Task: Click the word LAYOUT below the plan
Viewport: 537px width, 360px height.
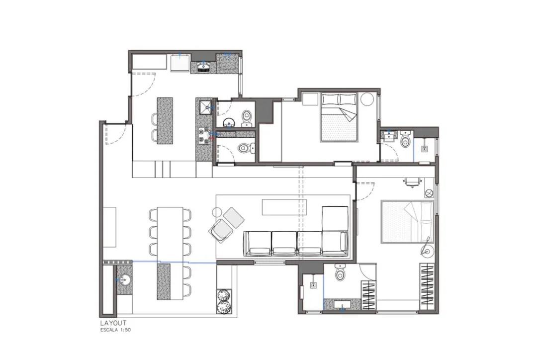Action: click(113, 323)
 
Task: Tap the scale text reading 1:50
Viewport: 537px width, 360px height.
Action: click(125, 330)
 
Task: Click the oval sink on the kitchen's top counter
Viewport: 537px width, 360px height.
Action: click(204, 67)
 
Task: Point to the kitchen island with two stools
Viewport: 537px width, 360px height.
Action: click(165, 121)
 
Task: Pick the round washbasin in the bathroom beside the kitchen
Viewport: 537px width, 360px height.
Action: click(228, 122)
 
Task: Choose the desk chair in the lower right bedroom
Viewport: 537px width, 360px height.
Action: click(411, 182)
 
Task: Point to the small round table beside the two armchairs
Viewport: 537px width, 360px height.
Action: click(217, 212)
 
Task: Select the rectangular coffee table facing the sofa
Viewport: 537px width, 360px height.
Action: click(284, 207)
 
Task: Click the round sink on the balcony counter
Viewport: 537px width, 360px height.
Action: click(123, 280)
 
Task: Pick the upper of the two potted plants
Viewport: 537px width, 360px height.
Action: click(224, 295)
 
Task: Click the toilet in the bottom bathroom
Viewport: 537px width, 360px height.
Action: click(340, 272)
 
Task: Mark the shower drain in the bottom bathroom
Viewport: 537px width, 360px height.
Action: click(313, 285)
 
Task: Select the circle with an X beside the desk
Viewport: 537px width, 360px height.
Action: click(429, 193)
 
